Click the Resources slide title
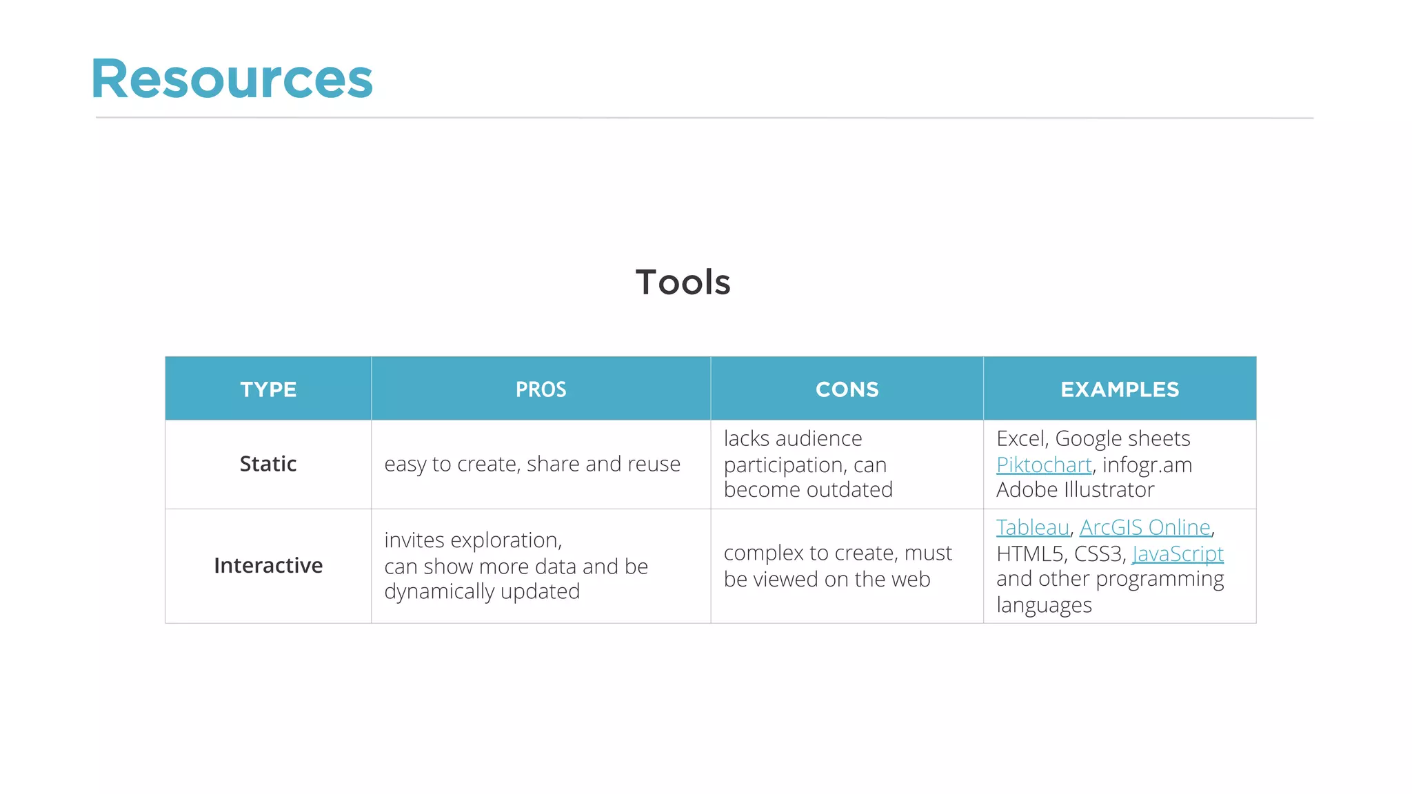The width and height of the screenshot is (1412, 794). click(x=232, y=79)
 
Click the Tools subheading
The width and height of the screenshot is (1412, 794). click(x=683, y=283)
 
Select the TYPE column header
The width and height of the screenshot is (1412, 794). click(x=268, y=389)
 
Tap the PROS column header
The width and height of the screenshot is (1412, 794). click(x=541, y=389)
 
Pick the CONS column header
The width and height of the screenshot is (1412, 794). click(x=847, y=389)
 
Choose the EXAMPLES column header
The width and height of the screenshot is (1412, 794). click(x=1120, y=389)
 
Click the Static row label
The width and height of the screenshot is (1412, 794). click(x=268, y=464)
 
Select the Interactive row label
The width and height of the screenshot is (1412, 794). click(x=268, y=565)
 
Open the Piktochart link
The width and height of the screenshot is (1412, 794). click(x=1044, y=465)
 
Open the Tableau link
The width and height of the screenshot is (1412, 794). click(x=1033, y=527)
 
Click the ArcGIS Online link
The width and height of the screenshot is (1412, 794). click(x=1145, y=527)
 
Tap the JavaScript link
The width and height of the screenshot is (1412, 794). click(x=1178, y=553)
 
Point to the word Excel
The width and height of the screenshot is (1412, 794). click(x=1022, y=439)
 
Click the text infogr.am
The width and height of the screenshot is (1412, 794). click(x=1147, y=465)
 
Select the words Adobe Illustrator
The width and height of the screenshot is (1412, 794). click(x=1075, y=490)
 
